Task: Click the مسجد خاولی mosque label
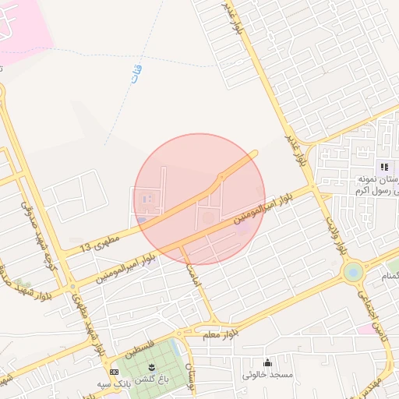click(x=268, y=375)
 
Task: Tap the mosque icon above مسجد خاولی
click(x=268, y=362)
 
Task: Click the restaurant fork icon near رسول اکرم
click(x=383, y=167)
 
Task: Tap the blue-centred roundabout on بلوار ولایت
click(x=353, y=272)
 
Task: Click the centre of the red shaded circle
click(x=199, y=199)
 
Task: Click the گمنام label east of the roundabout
click(x=387, y=276)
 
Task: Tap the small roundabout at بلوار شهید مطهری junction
click(x=75, y=286)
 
